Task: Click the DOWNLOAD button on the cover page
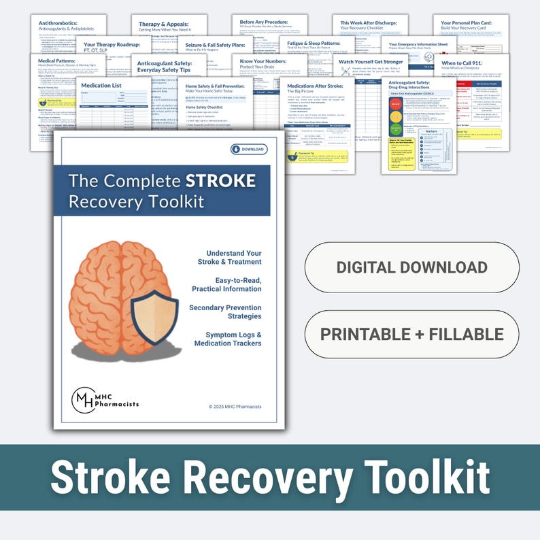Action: click(x=249, y=149)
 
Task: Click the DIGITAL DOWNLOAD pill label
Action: click(x=411, y=267)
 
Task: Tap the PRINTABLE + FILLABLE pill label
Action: click(x=411, y=334)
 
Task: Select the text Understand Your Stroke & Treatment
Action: click(x=224, y=257)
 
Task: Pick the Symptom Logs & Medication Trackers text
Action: click(x=227, y=339)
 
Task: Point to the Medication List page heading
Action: click(x=101, y=86)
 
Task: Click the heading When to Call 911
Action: click(x=470, y=63)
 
